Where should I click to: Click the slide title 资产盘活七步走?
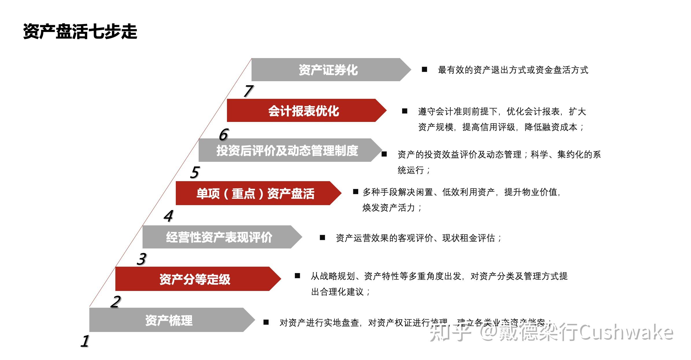(80, 31)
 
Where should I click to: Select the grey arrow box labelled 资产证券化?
(328, 70)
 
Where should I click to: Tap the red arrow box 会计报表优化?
(304, 111)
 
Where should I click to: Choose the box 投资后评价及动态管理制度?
(287, 150)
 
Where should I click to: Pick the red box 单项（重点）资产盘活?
(255, 193)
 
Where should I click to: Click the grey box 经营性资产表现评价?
(219, 237)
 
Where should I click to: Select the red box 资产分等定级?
(195, 279)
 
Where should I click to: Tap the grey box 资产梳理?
(169, 320)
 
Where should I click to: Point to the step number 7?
(248, 91)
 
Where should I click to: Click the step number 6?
(224, 135)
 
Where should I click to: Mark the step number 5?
(195, 172)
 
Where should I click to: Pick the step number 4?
(169, 216)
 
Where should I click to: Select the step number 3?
(141, 259)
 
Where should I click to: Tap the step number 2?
(116, 302)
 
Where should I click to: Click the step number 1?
(85, 341)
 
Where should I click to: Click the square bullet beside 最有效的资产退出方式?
(424, 69)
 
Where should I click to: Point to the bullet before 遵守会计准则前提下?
(405, 111)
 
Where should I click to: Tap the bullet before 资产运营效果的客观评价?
(322, 238)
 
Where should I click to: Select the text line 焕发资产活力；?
(392, 208)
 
